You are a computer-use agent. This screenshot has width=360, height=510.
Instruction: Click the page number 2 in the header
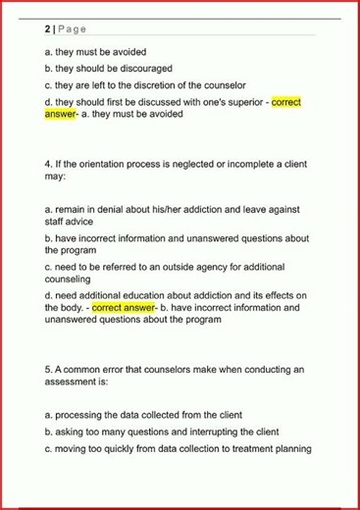[x=47, y=28]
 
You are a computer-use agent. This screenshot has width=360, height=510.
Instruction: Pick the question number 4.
[x=48, y=165]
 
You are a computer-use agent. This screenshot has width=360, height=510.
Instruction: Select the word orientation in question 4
[x=103, y=165]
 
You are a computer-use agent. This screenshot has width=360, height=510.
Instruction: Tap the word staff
[x=57, y=223]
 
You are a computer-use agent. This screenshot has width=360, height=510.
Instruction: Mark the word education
[x=142, y=295]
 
